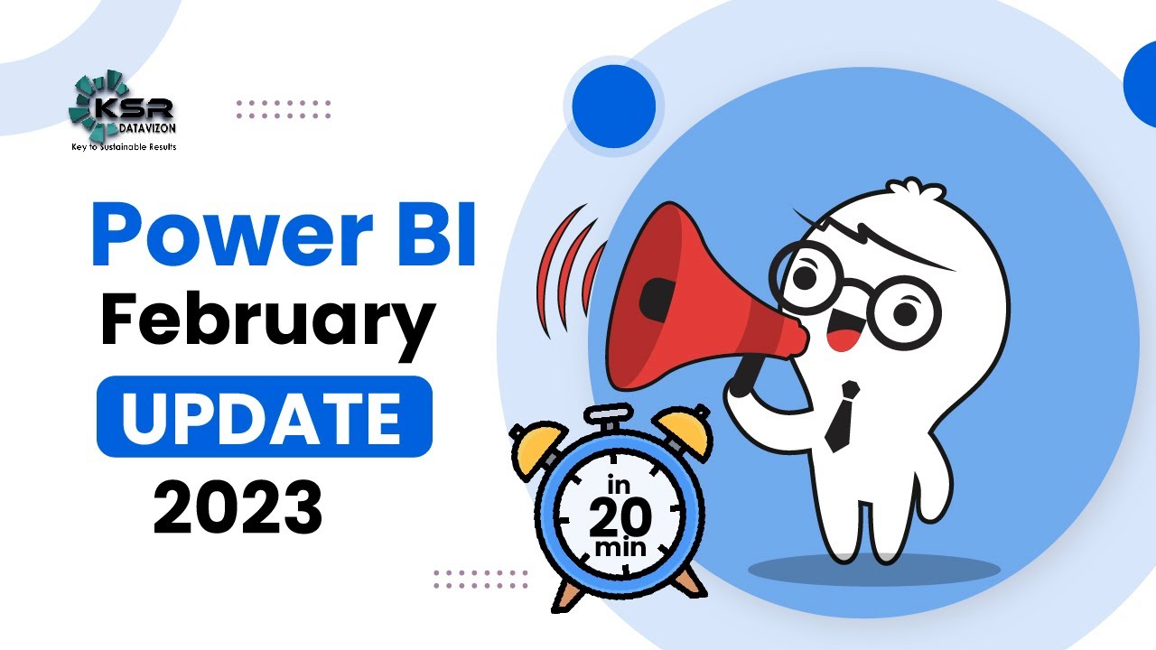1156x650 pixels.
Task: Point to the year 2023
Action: [x=238, y=508]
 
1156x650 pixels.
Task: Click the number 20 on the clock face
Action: [x=620, y=517]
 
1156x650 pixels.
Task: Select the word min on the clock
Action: [x=620, y=549]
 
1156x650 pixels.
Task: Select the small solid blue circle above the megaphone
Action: [x=614, y=102]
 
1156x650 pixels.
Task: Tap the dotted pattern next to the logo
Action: [x=284, y=110]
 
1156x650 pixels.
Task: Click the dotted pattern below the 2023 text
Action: [x=480, y=580]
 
